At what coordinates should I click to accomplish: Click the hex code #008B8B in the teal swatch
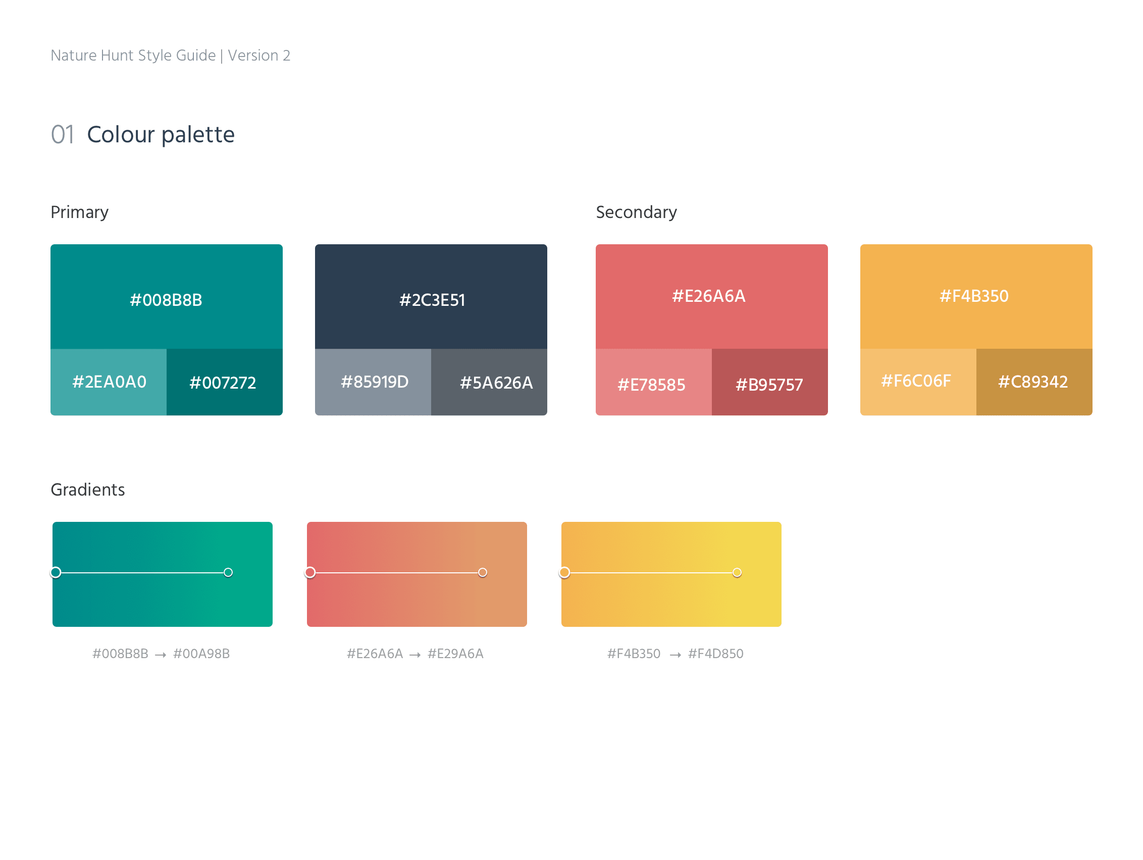click(166, 300)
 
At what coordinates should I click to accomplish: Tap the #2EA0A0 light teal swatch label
click(110, 382)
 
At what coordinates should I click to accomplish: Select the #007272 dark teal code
click(223, 383)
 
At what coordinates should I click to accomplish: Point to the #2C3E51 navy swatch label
click(432, 300)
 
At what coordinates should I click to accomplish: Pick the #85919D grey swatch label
click(375, 382)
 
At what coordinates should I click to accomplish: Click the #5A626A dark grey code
click(496, 383)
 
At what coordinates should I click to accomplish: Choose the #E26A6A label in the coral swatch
click(708, 296)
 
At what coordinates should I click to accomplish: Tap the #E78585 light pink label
click(651, 385)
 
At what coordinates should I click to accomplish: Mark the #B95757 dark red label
click(769, 385)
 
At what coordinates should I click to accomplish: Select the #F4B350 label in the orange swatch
click(973, 296)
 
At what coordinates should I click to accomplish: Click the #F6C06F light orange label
click(916, 381)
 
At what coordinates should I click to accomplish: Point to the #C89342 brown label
click(1032, 382)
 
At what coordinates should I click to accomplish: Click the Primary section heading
click(80, 212)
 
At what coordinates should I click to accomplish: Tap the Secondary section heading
click(636, 212)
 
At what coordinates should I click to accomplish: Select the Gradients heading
click(88, 490)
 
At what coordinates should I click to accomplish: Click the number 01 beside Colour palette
click(63, 135)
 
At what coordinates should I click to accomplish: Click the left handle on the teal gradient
click(56, 572)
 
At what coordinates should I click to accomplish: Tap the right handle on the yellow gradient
click(737, 572)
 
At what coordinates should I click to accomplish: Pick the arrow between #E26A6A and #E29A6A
click(415, 655)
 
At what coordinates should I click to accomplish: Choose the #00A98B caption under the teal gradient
click(201, 654)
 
